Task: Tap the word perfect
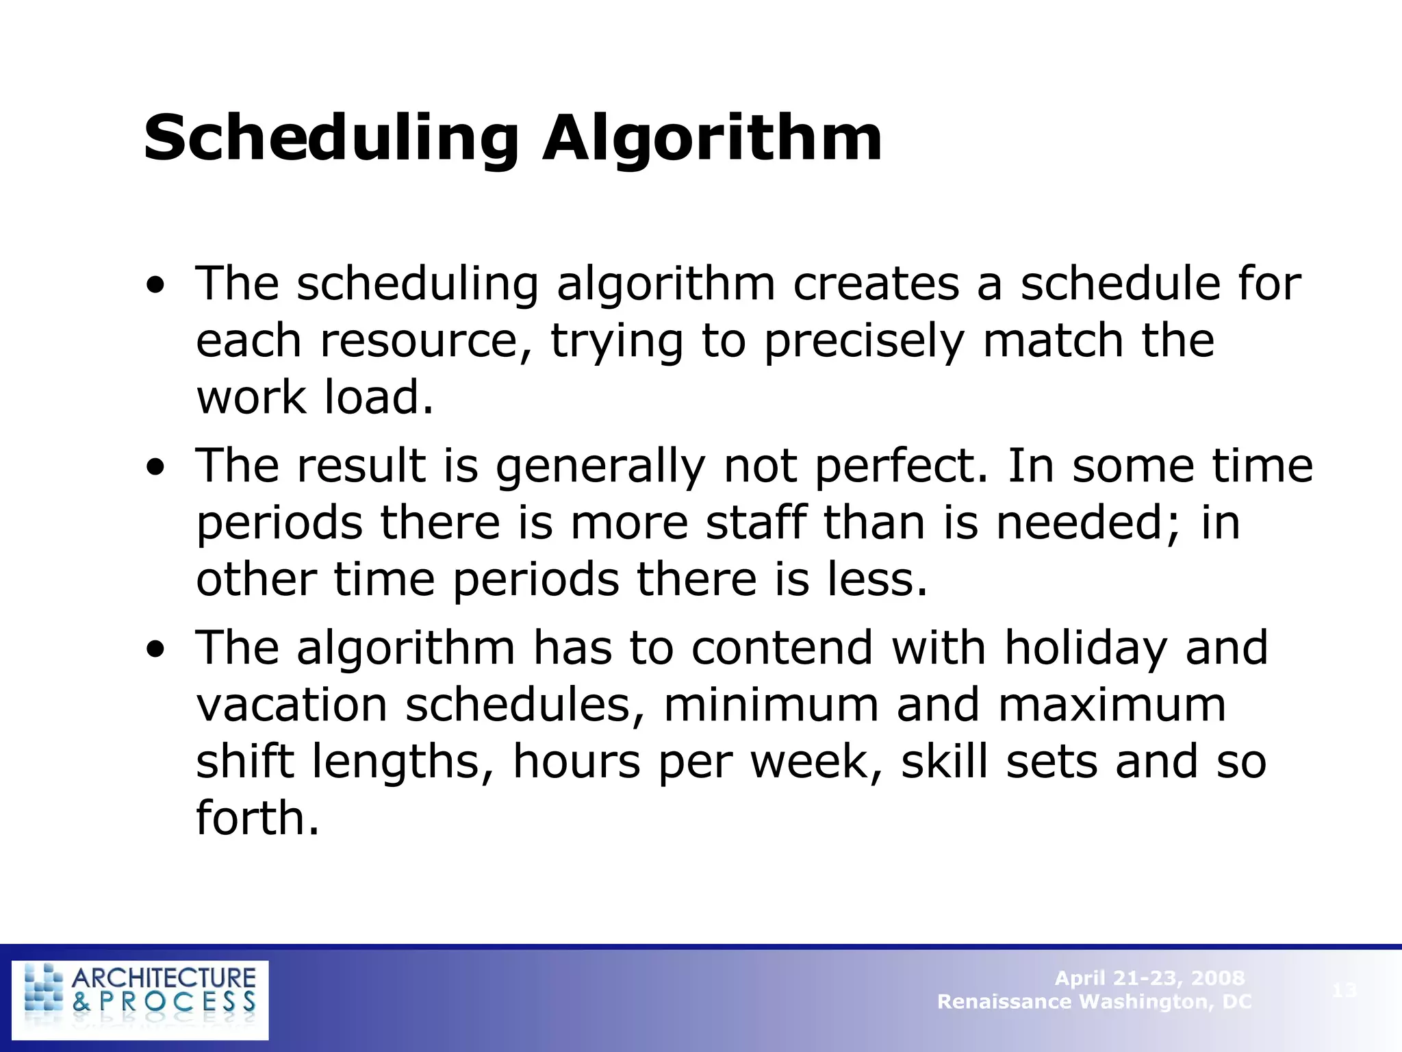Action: coord(901,467)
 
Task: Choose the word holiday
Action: coord(1086,649)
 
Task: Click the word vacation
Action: coord(292,705)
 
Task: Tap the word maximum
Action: coord(1112,705)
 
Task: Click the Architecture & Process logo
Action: coord(140,999)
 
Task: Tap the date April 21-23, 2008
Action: coord(1149,977)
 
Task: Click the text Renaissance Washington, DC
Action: coord(1094,1001)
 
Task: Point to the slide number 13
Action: coord(1344,990)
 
